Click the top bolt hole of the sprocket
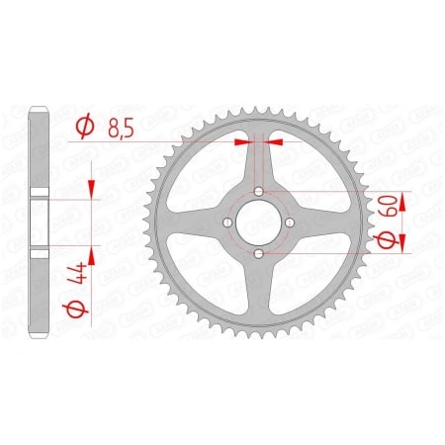(x=259, y=191)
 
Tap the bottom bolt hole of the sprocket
(x=259, y=254)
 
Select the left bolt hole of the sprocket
(x=227, y=222)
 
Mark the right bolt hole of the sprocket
(x=291, y=222)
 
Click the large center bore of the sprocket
(x=259, y=222)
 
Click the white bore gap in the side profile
(x=41, y=222)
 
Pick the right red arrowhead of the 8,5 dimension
(x=276, y=141)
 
